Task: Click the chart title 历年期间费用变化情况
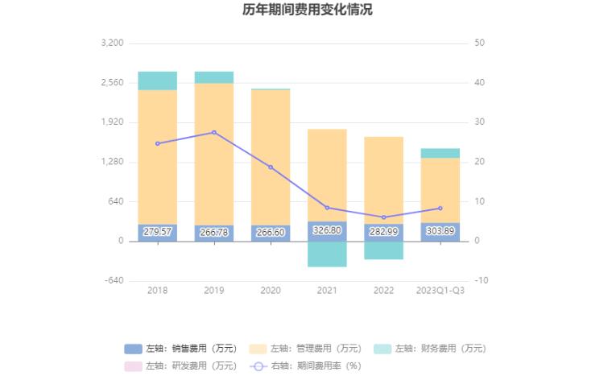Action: point(308,10)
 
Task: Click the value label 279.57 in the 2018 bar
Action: point(158,232)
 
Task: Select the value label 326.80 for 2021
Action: point(327,230)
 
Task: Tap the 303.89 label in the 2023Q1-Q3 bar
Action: point(440,231)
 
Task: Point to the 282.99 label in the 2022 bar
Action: point(383,232)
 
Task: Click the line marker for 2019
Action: point(214,132)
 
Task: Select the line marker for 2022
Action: point(383,217)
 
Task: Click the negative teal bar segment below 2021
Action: point(327,254)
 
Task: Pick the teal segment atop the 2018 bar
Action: point(158,81)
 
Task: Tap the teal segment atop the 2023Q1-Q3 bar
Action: point(440,153)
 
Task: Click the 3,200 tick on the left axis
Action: point(112,43)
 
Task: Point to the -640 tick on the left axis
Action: point(113,281)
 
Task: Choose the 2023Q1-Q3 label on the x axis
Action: point(440,290)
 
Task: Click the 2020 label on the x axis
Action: point(271,290)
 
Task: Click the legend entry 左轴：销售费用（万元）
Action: point(181,349)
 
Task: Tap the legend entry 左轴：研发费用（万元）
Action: point(181,366)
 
